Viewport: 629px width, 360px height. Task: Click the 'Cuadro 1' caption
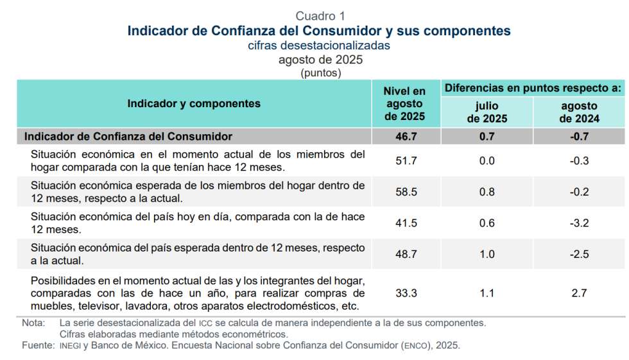pyautogui.click(x=320, y=16)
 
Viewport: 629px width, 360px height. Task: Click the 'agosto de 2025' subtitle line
pyautogui.click(x=320, y=60)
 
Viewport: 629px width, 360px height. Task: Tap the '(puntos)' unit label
pyautogui.click(x=320, y=73)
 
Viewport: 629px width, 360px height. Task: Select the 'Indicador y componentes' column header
pyautogui.click(x=194, y=103)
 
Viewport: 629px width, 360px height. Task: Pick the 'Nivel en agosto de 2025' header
pyautogui.click(x=404, y=104)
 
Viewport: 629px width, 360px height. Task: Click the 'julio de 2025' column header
pyautogui.click(x=487, y=112)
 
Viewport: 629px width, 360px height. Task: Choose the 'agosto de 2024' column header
pyautogui.click(x=579, y=112)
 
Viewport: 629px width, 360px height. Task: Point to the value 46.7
pyautogui.click(x=405, y=136)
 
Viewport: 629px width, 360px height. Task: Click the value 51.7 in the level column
pyautogui.click(x=406, y=161)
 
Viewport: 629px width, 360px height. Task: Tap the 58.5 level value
pyautogui.click(x=406, y=192)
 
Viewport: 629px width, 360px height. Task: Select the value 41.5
pyautogui.click(x=406, y=223)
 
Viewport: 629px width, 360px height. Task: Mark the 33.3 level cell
pyautogui.click(x=406, y=293)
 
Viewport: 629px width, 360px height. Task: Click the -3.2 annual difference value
pyautogui.click(x=579, y=223)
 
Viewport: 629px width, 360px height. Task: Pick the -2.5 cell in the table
pyautogui.click(x=579, y=254)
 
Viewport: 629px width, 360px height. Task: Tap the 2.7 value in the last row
pyautogui.click(x=579, y=293)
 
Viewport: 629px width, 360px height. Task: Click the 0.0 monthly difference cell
pyautogui.click(x=487, y=161)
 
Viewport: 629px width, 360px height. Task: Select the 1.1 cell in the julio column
pyautogui.click(x=487, y=293)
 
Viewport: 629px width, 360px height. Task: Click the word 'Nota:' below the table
pyautogui.click(x=33, y=323)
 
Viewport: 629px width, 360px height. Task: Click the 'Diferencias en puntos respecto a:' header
pyautogui.click(x=533, y=88)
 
